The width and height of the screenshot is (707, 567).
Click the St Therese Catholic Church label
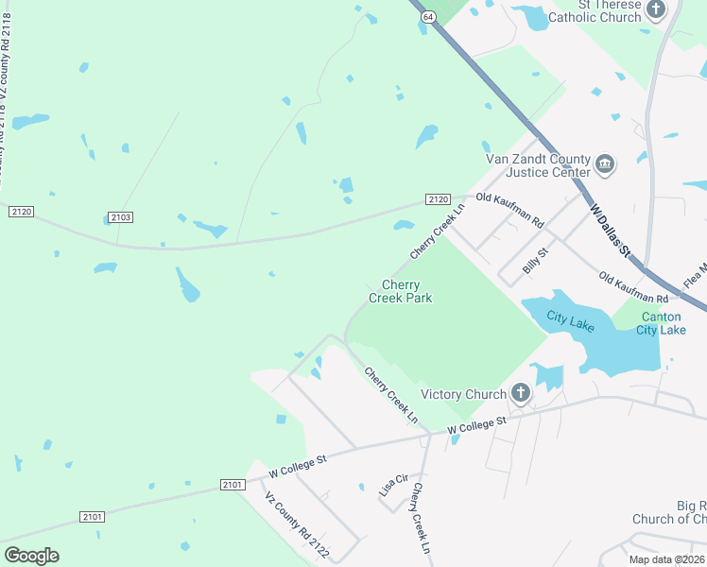pyautogui.click(x=609, y=11)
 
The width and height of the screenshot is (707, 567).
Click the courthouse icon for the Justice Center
pyautogui.click(x=606, y=165)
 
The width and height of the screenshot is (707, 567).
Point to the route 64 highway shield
pyautogui.click(x=428, y=17)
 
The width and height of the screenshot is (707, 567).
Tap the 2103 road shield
pyautogui.click(x=120, y=217)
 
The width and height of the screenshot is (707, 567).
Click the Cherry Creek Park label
pyautogui.click(x=400, y=291)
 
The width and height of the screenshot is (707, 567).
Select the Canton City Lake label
pyautogui.click(x=661, y=323)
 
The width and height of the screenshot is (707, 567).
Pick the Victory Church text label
pyautogui.click(x=463, y=394)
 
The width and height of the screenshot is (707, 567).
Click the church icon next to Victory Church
pyautogui.click(x=520, y=392)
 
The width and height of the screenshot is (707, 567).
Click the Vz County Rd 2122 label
pyautogui.click(x=296, y=525)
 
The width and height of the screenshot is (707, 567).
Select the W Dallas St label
pyautogui.click(x=610, y=229)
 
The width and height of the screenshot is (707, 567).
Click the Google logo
pyautogui.click(x=31, y=556)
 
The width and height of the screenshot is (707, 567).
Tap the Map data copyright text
pyautogui.click(x=665, y=559)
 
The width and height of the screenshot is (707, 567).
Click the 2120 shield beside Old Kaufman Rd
pyautogui.click(x=437, y=199)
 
